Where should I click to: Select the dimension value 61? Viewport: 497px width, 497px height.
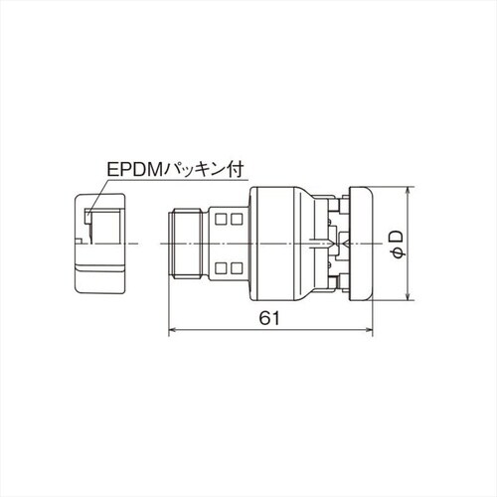click(x=266, y=317)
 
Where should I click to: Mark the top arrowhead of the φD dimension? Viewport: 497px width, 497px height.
click(x=410, y=191)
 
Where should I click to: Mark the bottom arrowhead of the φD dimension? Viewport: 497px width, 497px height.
click(x=410, y=296)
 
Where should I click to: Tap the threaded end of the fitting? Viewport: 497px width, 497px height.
click(x=189, y=244)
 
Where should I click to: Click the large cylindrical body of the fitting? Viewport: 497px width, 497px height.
click(x=284, y=244)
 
